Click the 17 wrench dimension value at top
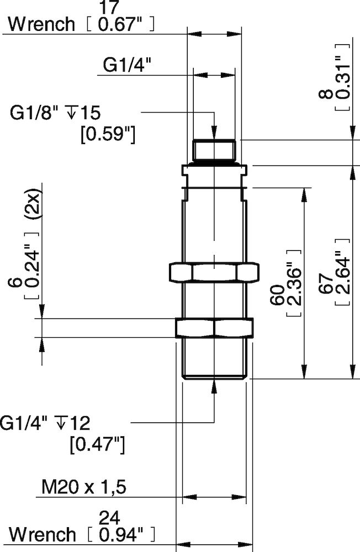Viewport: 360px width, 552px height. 110,8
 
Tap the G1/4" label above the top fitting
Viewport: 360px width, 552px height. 128,66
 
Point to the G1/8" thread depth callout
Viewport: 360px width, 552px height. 55,113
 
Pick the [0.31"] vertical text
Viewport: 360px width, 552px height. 342,77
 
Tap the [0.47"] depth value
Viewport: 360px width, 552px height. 98,443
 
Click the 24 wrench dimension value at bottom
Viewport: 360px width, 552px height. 110,517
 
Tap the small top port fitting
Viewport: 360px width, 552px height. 214,150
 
